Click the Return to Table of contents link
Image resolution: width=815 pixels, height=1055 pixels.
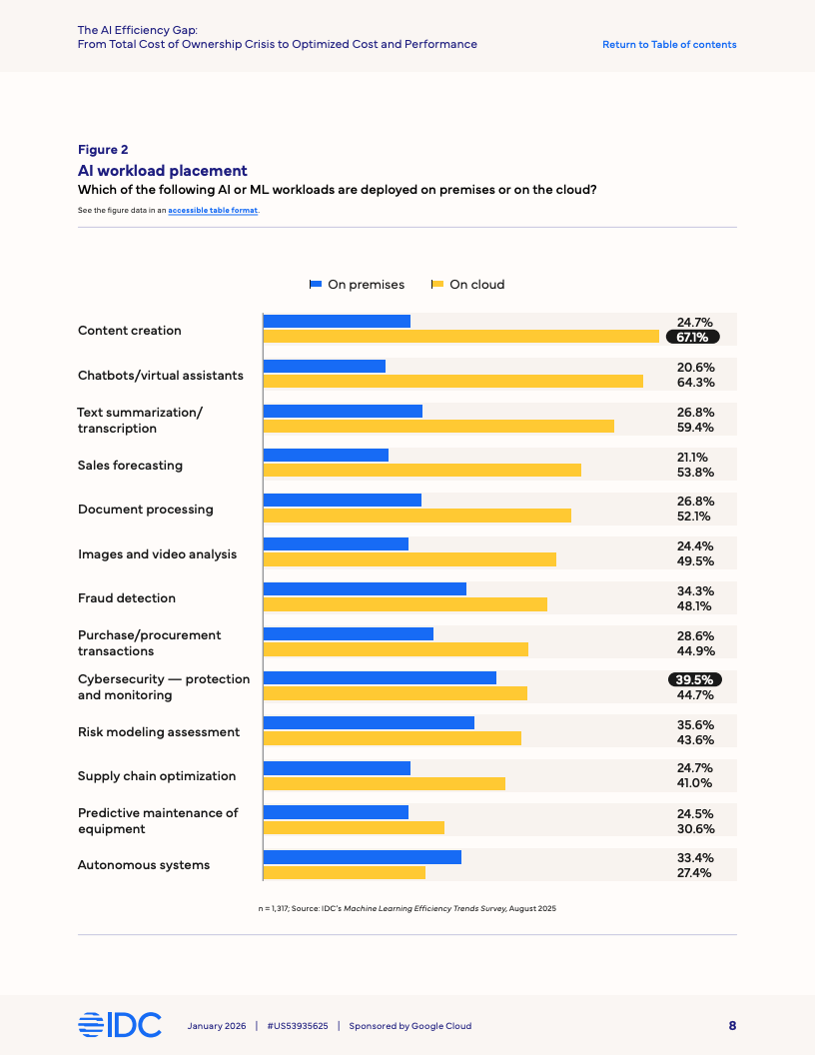[669, 44]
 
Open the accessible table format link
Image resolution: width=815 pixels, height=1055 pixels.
[213, 210]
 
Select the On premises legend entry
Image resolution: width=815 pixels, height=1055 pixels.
[357, 285]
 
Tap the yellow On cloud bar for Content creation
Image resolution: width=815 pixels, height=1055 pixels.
[460, 337]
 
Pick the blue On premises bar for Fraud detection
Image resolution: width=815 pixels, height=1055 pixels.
[365, 588]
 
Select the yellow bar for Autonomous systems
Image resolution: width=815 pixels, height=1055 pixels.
[344, 872]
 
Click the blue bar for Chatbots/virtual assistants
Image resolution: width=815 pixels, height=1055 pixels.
[324, 366]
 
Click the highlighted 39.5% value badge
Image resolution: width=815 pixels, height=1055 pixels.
[693, 680]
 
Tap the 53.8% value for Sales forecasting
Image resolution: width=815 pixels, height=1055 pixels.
[694, 473]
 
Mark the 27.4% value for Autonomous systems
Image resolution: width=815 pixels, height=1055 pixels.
[694, 872]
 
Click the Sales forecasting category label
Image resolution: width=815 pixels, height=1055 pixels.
[130, 465]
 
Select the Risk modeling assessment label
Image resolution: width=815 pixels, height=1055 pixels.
[159, 732]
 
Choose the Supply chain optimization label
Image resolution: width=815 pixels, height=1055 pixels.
[157, 776]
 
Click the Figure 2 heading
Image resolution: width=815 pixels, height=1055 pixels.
[103, 150]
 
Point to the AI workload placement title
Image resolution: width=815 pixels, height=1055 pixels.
[163, 171]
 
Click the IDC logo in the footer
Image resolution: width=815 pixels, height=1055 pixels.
[119, 1025]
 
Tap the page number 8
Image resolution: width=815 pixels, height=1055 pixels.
[732, 1025]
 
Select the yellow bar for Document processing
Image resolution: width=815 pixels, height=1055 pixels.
[416, 516]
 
